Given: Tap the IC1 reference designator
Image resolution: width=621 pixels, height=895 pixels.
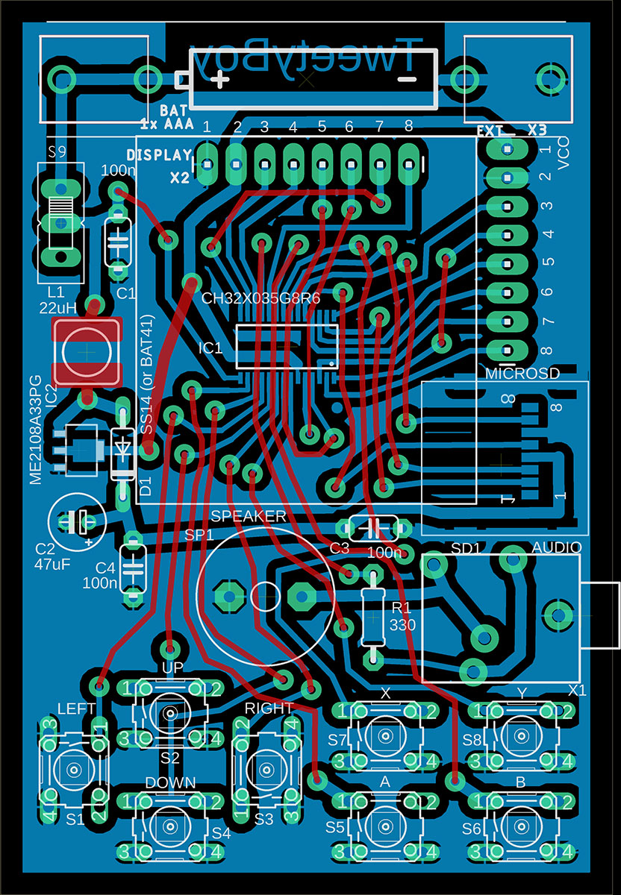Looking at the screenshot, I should pyautogui.click(x=210, y=348).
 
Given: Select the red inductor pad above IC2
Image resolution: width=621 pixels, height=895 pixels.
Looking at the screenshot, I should pyautogui.click(x=87, y=351).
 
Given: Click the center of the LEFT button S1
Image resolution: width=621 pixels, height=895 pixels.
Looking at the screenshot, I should pyautogui.click(x=74, y=769).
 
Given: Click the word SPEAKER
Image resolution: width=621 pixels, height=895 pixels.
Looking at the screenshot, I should pyautogui.click(x=249, y=516).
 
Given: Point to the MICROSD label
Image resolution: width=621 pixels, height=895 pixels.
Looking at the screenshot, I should pyautogui.click(x=522, y=374).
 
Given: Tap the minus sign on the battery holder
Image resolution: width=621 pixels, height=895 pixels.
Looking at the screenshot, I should pyautogui.click(x=406, y=78).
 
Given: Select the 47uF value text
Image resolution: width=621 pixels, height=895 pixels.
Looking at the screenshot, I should pyautogui.click(x=52, y=565).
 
